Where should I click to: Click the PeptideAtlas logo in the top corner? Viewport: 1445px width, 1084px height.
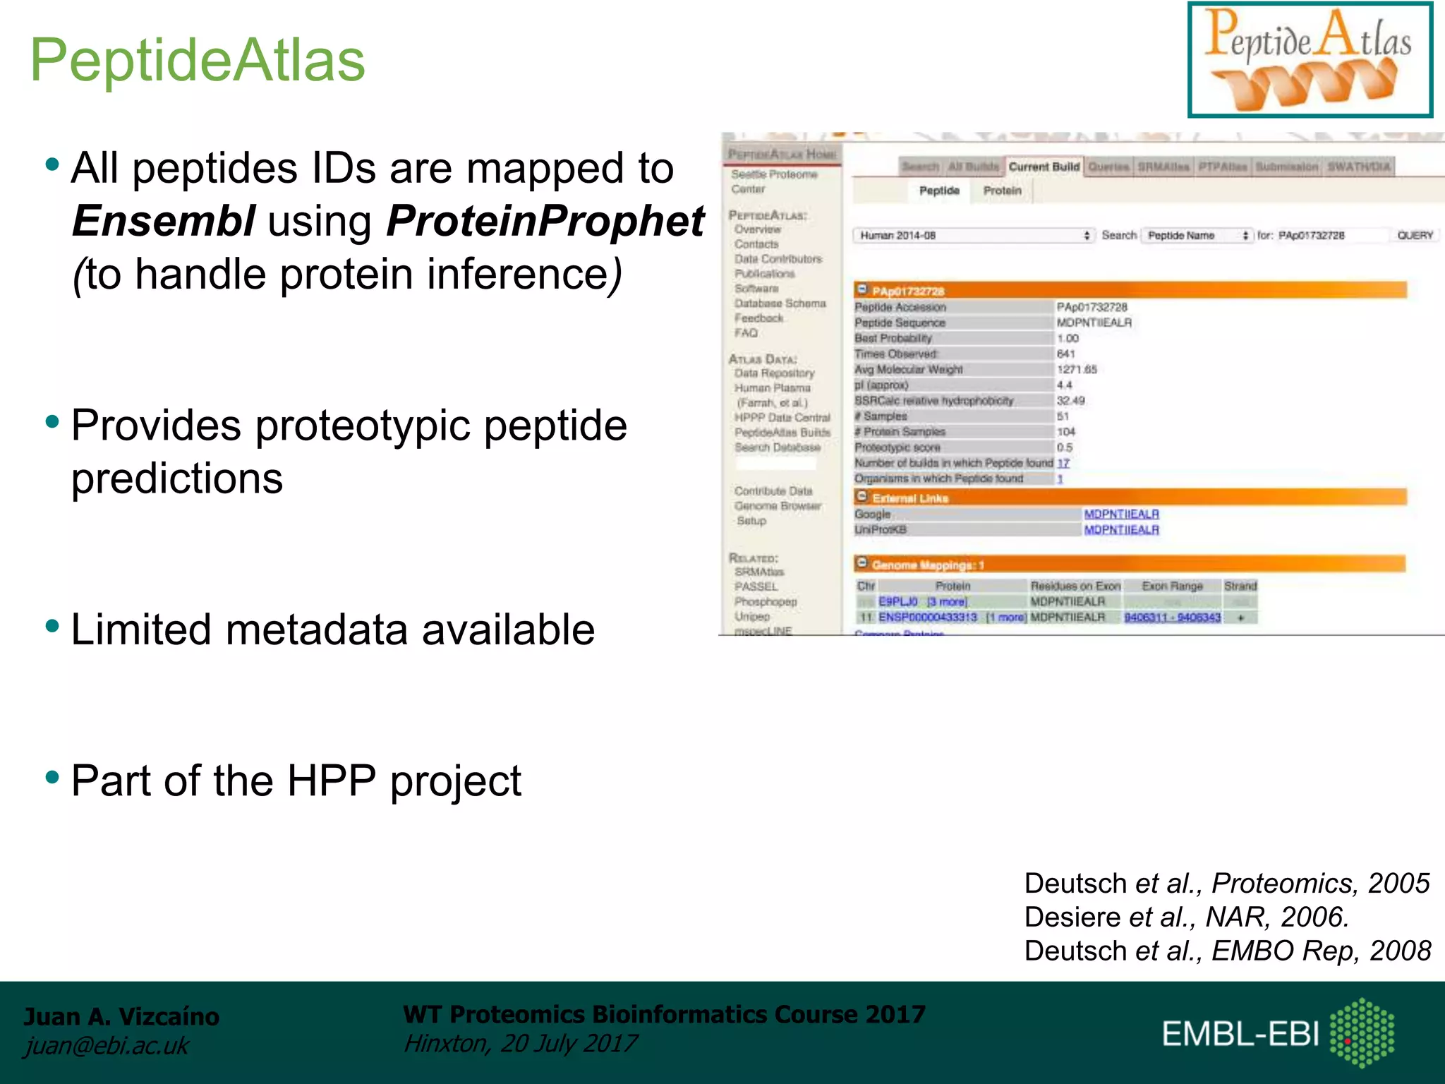click(x=1310, y=60)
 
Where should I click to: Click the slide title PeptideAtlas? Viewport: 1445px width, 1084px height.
click(x=198, y=60)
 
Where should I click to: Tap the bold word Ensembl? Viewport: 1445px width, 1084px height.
click(x=164, y=221)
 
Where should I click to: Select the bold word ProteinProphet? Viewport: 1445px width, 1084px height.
click(x=545, y=221)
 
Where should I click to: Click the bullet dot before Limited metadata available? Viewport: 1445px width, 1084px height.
click(x=52, y=625)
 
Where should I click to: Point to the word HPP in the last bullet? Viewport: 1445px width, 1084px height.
click(x=331, y=781)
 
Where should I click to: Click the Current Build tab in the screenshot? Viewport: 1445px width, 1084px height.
click(x=1044, y=167)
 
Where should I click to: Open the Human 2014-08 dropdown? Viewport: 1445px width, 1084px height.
click(x=974, y=235)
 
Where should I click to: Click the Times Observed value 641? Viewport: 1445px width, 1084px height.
click(x=1065, y=354)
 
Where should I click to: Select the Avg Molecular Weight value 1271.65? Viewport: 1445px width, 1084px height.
click(x=1077, y=369)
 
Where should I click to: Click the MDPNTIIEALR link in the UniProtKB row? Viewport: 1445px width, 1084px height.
click(x=1121, y=530)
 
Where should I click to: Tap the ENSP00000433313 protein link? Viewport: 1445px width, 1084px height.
click(x=927, y=618)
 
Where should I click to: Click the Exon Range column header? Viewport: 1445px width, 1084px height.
click(x=1172, y=586)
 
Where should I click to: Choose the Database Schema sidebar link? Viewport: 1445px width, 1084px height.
click(x=780, y=303)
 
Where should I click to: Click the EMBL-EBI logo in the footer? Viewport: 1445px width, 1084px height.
click(x=1277, y=1033)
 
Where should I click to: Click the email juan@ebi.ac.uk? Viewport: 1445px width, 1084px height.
click(x=107, y=1045)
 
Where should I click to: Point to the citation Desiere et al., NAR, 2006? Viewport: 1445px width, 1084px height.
click(x=1186, y=917)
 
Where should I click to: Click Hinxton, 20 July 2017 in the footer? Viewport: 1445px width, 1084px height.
click(x=520, y=1043)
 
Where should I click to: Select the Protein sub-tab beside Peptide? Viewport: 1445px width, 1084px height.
click(x=1002, y=191)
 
